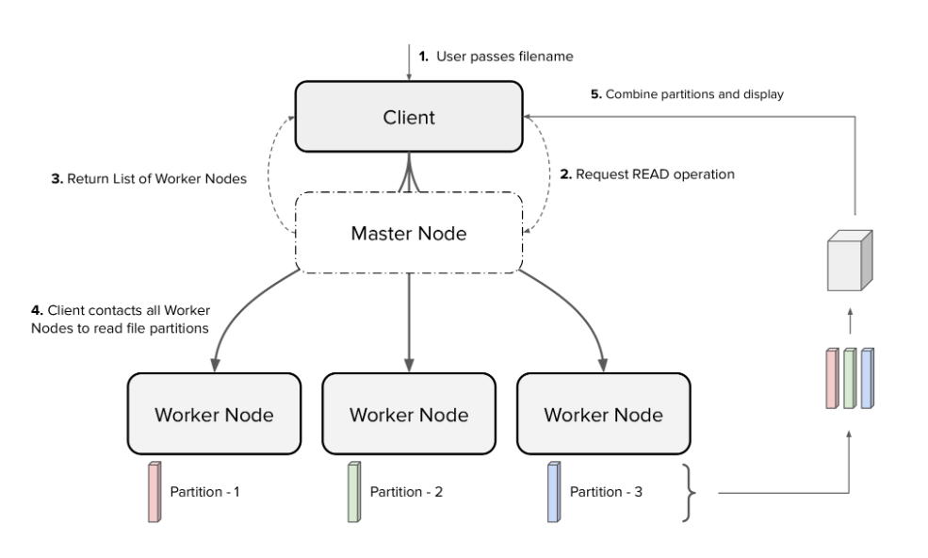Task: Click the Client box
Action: click(x=409, y=117)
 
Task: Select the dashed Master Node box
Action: click(x=409, y=233)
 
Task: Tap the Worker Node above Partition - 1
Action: click(x=214, y=415)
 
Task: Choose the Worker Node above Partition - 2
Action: click(x=408, y=415)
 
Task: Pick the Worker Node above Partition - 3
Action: click(x=603, y=415)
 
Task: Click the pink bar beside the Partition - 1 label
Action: click(x=155, y=491)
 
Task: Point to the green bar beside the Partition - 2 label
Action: click(x=353, y=491)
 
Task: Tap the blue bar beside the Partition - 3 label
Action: click(x=554, y=491)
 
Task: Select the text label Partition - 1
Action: click(x=204, y=492)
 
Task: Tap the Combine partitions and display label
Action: click(x=688, y=94)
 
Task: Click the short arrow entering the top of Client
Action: click(x=409, y=63)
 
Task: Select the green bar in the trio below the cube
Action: click(x=850, y=378)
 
